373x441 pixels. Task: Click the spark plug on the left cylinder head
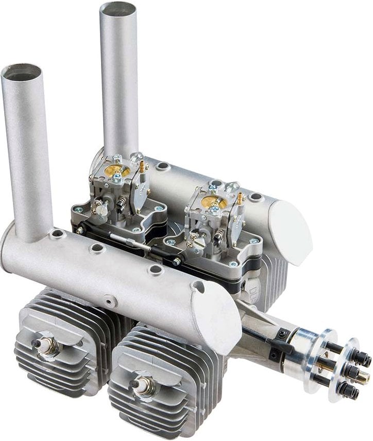[x=45, y=345]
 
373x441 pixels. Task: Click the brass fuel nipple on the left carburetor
[x=141, y=166]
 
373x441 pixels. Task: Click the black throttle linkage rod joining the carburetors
[x=134, y=242]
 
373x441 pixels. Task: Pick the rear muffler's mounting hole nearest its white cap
[x=255, y=197]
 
